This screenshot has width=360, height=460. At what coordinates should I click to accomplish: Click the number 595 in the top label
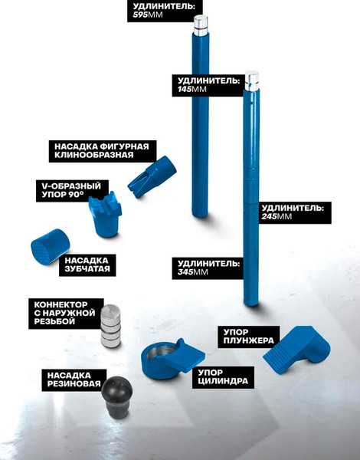[140, 15]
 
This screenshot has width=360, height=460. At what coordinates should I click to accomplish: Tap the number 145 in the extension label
[185, 89]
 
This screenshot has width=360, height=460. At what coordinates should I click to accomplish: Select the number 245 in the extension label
[269, 216]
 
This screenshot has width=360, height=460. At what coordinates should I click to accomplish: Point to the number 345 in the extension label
[185, 272]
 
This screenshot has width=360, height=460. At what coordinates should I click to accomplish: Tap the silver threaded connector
[110, 326]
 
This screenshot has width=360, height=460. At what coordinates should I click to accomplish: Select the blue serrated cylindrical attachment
[50, 247]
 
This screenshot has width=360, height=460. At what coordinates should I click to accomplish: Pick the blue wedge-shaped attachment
[152, 176]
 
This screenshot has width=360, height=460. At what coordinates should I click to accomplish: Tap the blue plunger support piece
[296, 350]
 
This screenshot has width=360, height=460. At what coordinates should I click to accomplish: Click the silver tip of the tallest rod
[201, 26]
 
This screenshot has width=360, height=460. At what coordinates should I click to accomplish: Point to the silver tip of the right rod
[252, 80]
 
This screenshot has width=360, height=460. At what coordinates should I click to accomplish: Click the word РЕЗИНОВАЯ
[74, 384]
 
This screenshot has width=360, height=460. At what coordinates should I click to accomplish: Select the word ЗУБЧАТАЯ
[87, 269]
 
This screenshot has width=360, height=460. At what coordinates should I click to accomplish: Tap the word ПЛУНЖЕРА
[249, 340]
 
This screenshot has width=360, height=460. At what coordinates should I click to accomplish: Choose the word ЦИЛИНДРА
[223, 381]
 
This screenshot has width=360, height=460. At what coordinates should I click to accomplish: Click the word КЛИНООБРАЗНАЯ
[93, 155]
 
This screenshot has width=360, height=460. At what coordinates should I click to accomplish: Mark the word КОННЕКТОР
[61, 305]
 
